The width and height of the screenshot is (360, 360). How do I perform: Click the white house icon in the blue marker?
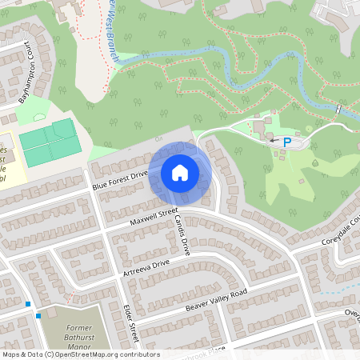(180, 172)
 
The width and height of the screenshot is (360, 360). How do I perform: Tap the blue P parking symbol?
(286, 142)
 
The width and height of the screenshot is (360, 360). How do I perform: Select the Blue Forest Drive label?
(120, 179)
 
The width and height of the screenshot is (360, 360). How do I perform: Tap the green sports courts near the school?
(49, 141)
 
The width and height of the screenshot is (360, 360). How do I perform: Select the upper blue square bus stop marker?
(28, 304)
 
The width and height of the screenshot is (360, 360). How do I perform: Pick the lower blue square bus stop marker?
(38, 316)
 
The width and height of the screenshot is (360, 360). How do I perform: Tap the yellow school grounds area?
(11, 164)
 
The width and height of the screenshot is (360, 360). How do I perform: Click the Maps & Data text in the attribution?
(22, 354)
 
